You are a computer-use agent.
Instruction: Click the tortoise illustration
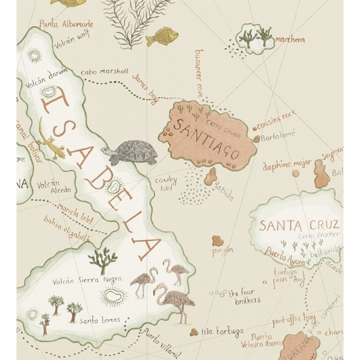coord(131,152)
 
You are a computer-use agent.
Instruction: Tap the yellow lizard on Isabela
coord(51,142)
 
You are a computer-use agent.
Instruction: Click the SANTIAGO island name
coord(206,138)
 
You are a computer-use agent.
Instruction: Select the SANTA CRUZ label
coord(299,225)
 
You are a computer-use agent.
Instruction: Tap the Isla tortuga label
coord(222,331)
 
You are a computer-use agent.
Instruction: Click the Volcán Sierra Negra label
coord(87,280)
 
